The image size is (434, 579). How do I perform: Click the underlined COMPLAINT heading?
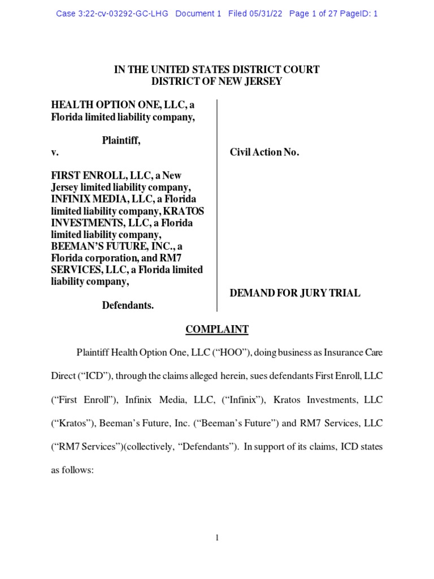(x=217, y=330)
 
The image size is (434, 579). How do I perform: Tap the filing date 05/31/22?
(x=266, y=14)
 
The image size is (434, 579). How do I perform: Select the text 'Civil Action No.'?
(x=264, y=153)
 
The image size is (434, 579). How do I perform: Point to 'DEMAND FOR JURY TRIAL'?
(x=294, y=293)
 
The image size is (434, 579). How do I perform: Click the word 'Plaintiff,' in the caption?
(x=121, y=141)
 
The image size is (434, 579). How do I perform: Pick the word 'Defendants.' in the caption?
(x=128, y=305)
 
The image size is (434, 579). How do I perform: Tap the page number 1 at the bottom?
(x=217, y=538)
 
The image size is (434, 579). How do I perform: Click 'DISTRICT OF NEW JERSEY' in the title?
(x=217, y=81)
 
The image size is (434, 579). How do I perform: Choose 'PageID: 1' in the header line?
(x=359, y=14)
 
